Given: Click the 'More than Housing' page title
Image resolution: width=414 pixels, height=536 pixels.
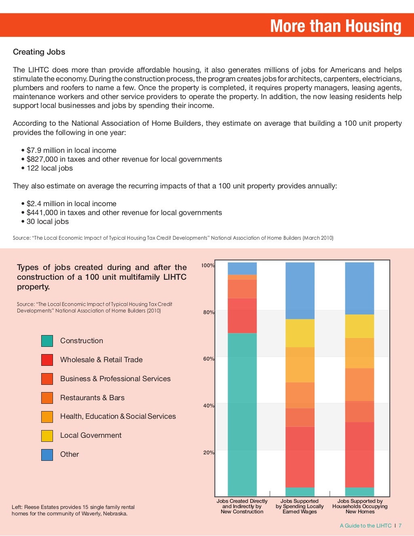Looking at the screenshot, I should (x=336, y=26).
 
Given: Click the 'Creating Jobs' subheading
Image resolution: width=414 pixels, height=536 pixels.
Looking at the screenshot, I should (x=39, y=52).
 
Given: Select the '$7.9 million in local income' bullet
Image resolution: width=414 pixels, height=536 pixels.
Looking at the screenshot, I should (x=71, y=150).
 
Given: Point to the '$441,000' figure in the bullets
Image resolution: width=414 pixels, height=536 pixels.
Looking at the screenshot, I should (x=42, y=213).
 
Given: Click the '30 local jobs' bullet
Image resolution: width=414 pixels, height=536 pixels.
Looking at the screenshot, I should (x=47, y=222).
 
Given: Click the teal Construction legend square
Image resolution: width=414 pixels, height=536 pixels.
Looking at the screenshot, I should (x=47, y=341).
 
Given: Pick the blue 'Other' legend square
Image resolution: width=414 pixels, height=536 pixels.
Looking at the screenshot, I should (x=47, y=454).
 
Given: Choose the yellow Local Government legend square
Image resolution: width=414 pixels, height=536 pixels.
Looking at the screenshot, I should (x=47, y=435).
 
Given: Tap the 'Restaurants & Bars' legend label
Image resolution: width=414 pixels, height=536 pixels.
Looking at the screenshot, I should (x=92, y=398).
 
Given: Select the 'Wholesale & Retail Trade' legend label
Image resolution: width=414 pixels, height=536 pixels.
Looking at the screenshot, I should (x=101, y=360).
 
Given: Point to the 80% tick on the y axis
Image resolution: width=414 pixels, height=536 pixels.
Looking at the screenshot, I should (x=209, y=312).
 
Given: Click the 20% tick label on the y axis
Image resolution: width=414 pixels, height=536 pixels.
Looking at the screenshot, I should (x=209, y=452).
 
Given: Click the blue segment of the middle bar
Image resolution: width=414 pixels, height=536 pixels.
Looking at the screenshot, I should (x=300, y=290).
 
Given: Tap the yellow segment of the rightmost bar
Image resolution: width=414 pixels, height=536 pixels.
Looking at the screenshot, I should (x=359, y=326).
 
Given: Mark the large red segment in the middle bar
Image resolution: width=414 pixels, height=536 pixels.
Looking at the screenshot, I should (x=300, y=457).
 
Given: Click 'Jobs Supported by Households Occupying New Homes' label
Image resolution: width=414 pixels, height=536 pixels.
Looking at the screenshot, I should (x=360, y=506).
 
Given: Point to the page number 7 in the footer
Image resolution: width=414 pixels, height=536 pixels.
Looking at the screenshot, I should (x=400, y=526).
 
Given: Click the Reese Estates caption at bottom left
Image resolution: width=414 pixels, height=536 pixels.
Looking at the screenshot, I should (x=73, y=510).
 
